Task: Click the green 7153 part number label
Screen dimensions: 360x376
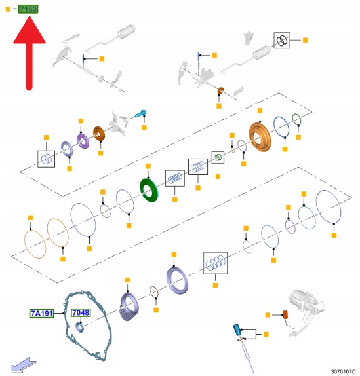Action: (x=28, y=9)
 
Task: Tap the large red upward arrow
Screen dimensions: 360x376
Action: (x=30, y=53)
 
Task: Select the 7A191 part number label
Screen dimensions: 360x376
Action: (x=42, y=313)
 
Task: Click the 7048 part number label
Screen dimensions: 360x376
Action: (x=81, y=312)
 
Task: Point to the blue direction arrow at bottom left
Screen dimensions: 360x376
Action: (x=24, y=365)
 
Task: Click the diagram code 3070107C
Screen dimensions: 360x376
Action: (x=343, y=371)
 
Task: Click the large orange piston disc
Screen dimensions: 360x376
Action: (x=260, y=138)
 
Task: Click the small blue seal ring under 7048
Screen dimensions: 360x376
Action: (x=80, y=328)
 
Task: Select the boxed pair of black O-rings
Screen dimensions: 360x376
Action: (x=282, y=41)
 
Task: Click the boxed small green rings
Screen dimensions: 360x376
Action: (x=218, y=157)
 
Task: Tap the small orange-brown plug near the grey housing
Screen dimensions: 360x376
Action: (x=285, y=314)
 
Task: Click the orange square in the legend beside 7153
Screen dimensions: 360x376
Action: (x=8, y=9)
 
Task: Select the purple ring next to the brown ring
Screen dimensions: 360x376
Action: (x=83, y=141)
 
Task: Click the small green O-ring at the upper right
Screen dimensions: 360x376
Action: (x=296, y=119)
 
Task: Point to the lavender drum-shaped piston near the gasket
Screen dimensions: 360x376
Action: (x=129, y=307)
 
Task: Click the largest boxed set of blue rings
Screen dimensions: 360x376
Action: (x=215, y=263)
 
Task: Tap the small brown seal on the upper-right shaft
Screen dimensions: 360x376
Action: (x=220, y=91)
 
